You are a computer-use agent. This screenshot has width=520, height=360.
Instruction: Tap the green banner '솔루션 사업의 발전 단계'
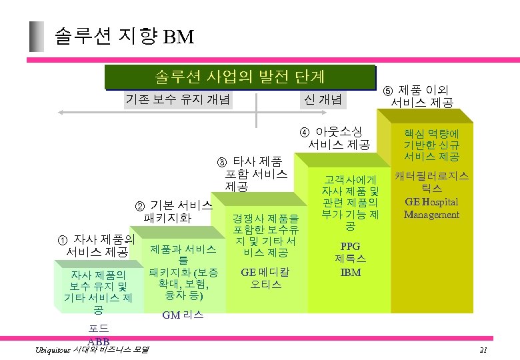[240, 77]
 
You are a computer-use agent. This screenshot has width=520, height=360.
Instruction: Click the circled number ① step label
[97, 245]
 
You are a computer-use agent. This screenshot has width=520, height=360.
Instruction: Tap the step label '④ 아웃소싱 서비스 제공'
[339, 137]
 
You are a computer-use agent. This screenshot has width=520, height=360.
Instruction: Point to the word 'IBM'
[350, 272]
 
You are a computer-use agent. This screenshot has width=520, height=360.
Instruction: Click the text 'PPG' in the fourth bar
[350, 245]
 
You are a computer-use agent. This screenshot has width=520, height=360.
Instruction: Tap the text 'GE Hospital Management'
[431, 208]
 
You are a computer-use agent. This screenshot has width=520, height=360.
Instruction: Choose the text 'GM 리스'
[183, 315]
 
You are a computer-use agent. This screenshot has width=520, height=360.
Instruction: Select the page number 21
[483, 351]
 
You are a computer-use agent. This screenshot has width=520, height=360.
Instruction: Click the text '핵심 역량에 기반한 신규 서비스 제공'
[431, 145]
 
